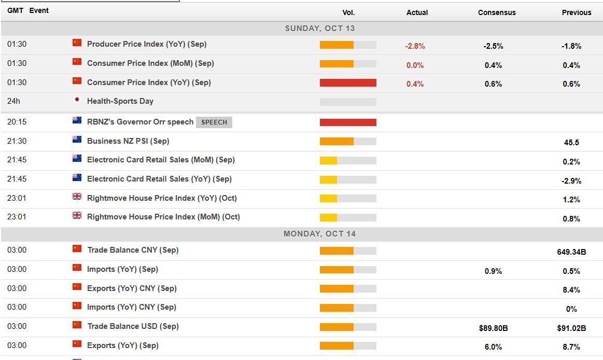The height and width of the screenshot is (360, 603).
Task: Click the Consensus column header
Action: [x=497, y=12]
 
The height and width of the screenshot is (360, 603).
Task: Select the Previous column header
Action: [x=576, y=12]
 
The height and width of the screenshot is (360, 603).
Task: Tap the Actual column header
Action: [x=417, y=12]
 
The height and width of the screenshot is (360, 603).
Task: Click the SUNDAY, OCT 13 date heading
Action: [x=319, y=29]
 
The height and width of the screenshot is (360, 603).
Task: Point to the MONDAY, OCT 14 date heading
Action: [x=319, y=234]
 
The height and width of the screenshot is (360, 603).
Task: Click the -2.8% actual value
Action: [x=415, y=46]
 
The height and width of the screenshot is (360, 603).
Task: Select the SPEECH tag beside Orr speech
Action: [x=214, y=122]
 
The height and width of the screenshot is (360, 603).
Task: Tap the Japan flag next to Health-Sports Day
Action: [x=77, y=100]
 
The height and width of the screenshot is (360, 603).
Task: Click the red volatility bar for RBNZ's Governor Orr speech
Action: [x=348, y=122]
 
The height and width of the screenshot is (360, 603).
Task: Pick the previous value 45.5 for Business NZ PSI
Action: [x=571, y=143]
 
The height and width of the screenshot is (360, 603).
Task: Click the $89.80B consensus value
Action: [x=493, y=328]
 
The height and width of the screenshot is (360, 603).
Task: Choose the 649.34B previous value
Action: [x=571, y=252]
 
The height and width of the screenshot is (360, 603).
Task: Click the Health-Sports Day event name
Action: [x=120, y=101]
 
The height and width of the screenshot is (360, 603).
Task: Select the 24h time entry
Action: [x=14, y=101]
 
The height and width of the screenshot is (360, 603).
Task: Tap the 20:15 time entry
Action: [x=17, y=122]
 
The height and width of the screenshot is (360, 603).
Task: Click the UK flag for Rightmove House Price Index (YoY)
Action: [x=77, y=197]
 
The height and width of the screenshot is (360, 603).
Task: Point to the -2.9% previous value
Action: [x=571, y=181]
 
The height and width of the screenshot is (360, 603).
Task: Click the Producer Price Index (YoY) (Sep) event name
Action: [x=147, y=44]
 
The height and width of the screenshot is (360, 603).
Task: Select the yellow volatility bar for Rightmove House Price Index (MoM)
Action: [x=329, y=217]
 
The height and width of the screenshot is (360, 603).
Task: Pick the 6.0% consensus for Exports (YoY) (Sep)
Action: [x=493, y=347]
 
